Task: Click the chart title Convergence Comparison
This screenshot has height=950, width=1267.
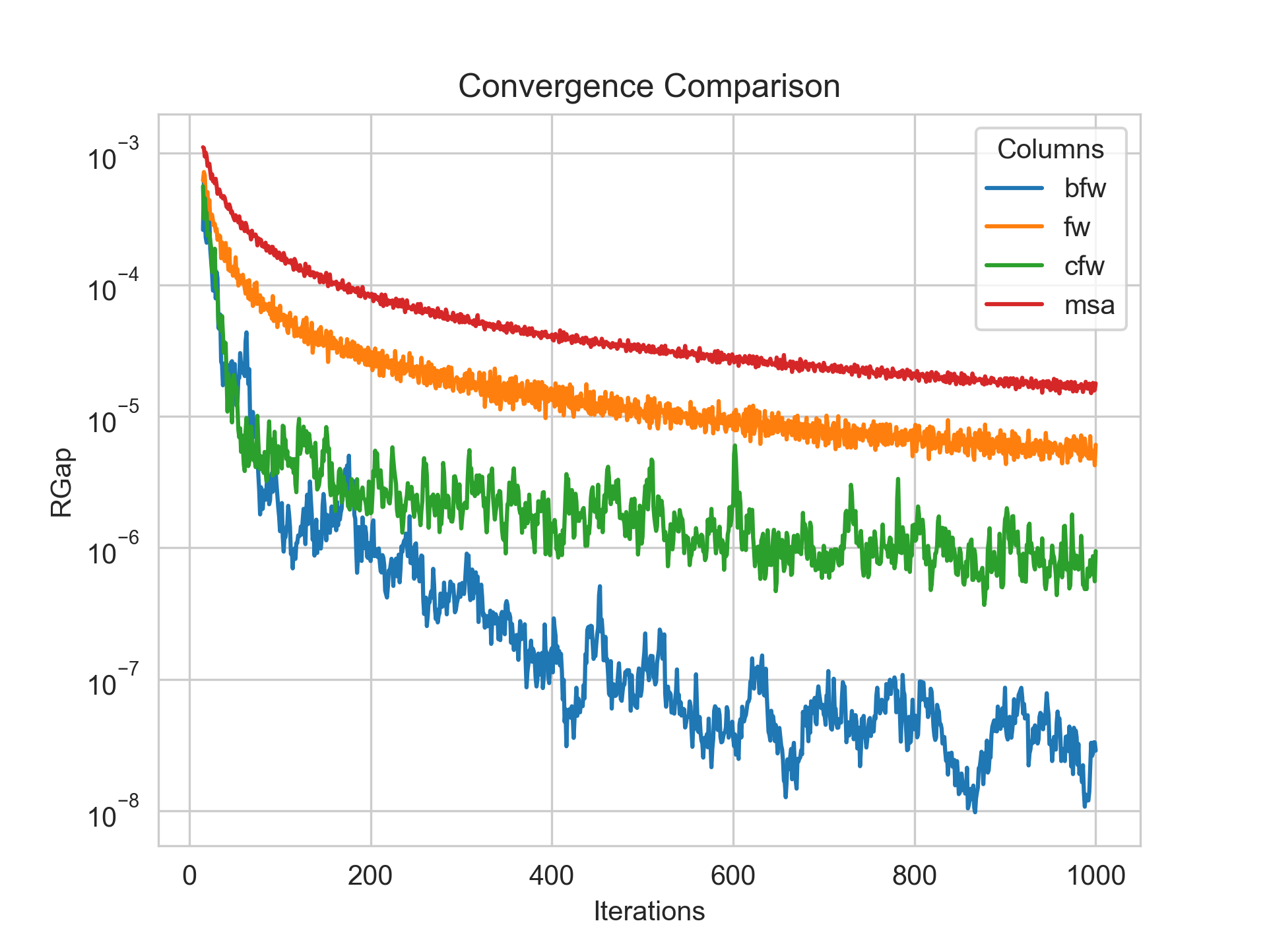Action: click(x=649, y=86)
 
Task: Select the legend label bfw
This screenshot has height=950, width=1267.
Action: click(x=1084, y=189)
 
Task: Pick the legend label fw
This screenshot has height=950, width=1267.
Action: click(x=1077, y=228)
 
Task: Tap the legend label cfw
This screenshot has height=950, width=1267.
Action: click(x=1084, y=267)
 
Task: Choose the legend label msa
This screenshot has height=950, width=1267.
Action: click(x=1089, y=305)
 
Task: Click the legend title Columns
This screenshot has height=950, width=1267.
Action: click(x=1051, y=150)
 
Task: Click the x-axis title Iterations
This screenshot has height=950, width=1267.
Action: click(x=649, y=911)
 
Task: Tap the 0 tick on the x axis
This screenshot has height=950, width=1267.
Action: click(x=190, y=876)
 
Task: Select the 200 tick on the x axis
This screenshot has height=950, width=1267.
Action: click(x=371, y=876)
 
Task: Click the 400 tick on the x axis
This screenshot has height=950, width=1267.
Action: click(x=552, y=876)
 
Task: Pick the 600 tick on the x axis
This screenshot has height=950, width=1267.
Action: click(x=733, y=876)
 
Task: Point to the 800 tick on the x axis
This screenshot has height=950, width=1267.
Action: click(x=915, y=876)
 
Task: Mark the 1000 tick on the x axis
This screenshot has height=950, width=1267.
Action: click(x=1095, y=876)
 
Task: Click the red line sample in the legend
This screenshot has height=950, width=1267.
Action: click(x=1014, y=304)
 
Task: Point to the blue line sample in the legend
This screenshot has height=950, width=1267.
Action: click(x=1014, y=188)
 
